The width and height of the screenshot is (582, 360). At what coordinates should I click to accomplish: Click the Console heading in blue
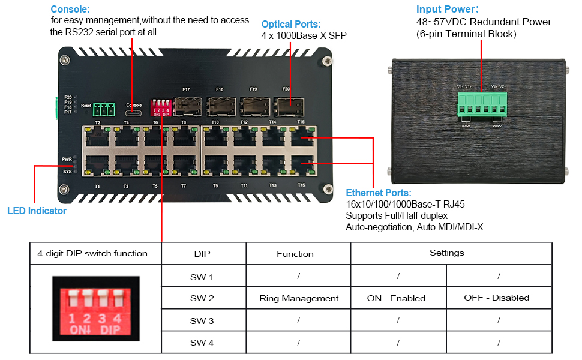pos(70,10)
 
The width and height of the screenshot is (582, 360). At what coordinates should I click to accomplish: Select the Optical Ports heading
pos(291,25)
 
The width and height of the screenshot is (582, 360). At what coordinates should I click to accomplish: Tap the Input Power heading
pos(447,10)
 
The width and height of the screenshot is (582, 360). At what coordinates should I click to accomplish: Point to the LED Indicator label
pos(37,211)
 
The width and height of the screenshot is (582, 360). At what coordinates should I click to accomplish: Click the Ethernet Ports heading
pos(379,193)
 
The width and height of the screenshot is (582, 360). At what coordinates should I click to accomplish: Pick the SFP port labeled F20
pos(286,107)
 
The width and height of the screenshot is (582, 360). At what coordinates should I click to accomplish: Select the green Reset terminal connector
pos(104,110)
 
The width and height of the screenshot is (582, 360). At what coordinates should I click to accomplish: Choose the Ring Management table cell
pos(299,298)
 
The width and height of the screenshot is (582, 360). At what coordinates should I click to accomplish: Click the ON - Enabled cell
pos(396,298)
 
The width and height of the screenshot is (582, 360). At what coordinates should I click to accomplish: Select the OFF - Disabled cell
pos(497,298)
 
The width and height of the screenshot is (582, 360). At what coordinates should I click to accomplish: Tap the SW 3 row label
pos(202,320)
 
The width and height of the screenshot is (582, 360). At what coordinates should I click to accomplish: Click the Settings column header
pos(447,253)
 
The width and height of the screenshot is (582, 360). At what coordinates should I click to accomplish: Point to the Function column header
pos(295,254)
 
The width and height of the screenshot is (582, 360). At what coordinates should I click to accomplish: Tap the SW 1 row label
pos(202,277)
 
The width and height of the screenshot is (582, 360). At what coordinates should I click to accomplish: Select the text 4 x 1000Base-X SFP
pos(304,36)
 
